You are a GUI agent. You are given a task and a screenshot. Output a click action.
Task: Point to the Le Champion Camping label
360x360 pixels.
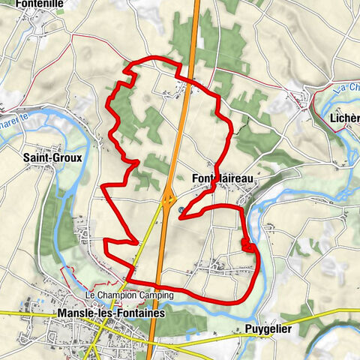pyautogui.click(x=130, y=295)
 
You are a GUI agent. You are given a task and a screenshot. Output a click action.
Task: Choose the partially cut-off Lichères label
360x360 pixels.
pyautogui.click(x=345, y=118)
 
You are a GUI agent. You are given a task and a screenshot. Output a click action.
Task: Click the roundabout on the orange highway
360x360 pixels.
pyautogui.click(x=168, y=200)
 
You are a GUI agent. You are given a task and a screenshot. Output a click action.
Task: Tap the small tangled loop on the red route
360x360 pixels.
pyautogui.click(x=247, y=244)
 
